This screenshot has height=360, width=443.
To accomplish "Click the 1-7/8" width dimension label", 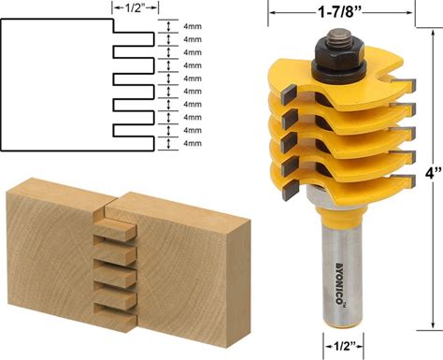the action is [338, 12].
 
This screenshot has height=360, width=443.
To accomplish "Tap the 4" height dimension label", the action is [434, 174].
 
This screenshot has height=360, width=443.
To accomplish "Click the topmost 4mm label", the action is [193, 26].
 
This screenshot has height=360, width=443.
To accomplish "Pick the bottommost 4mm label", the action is [193, 143].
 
